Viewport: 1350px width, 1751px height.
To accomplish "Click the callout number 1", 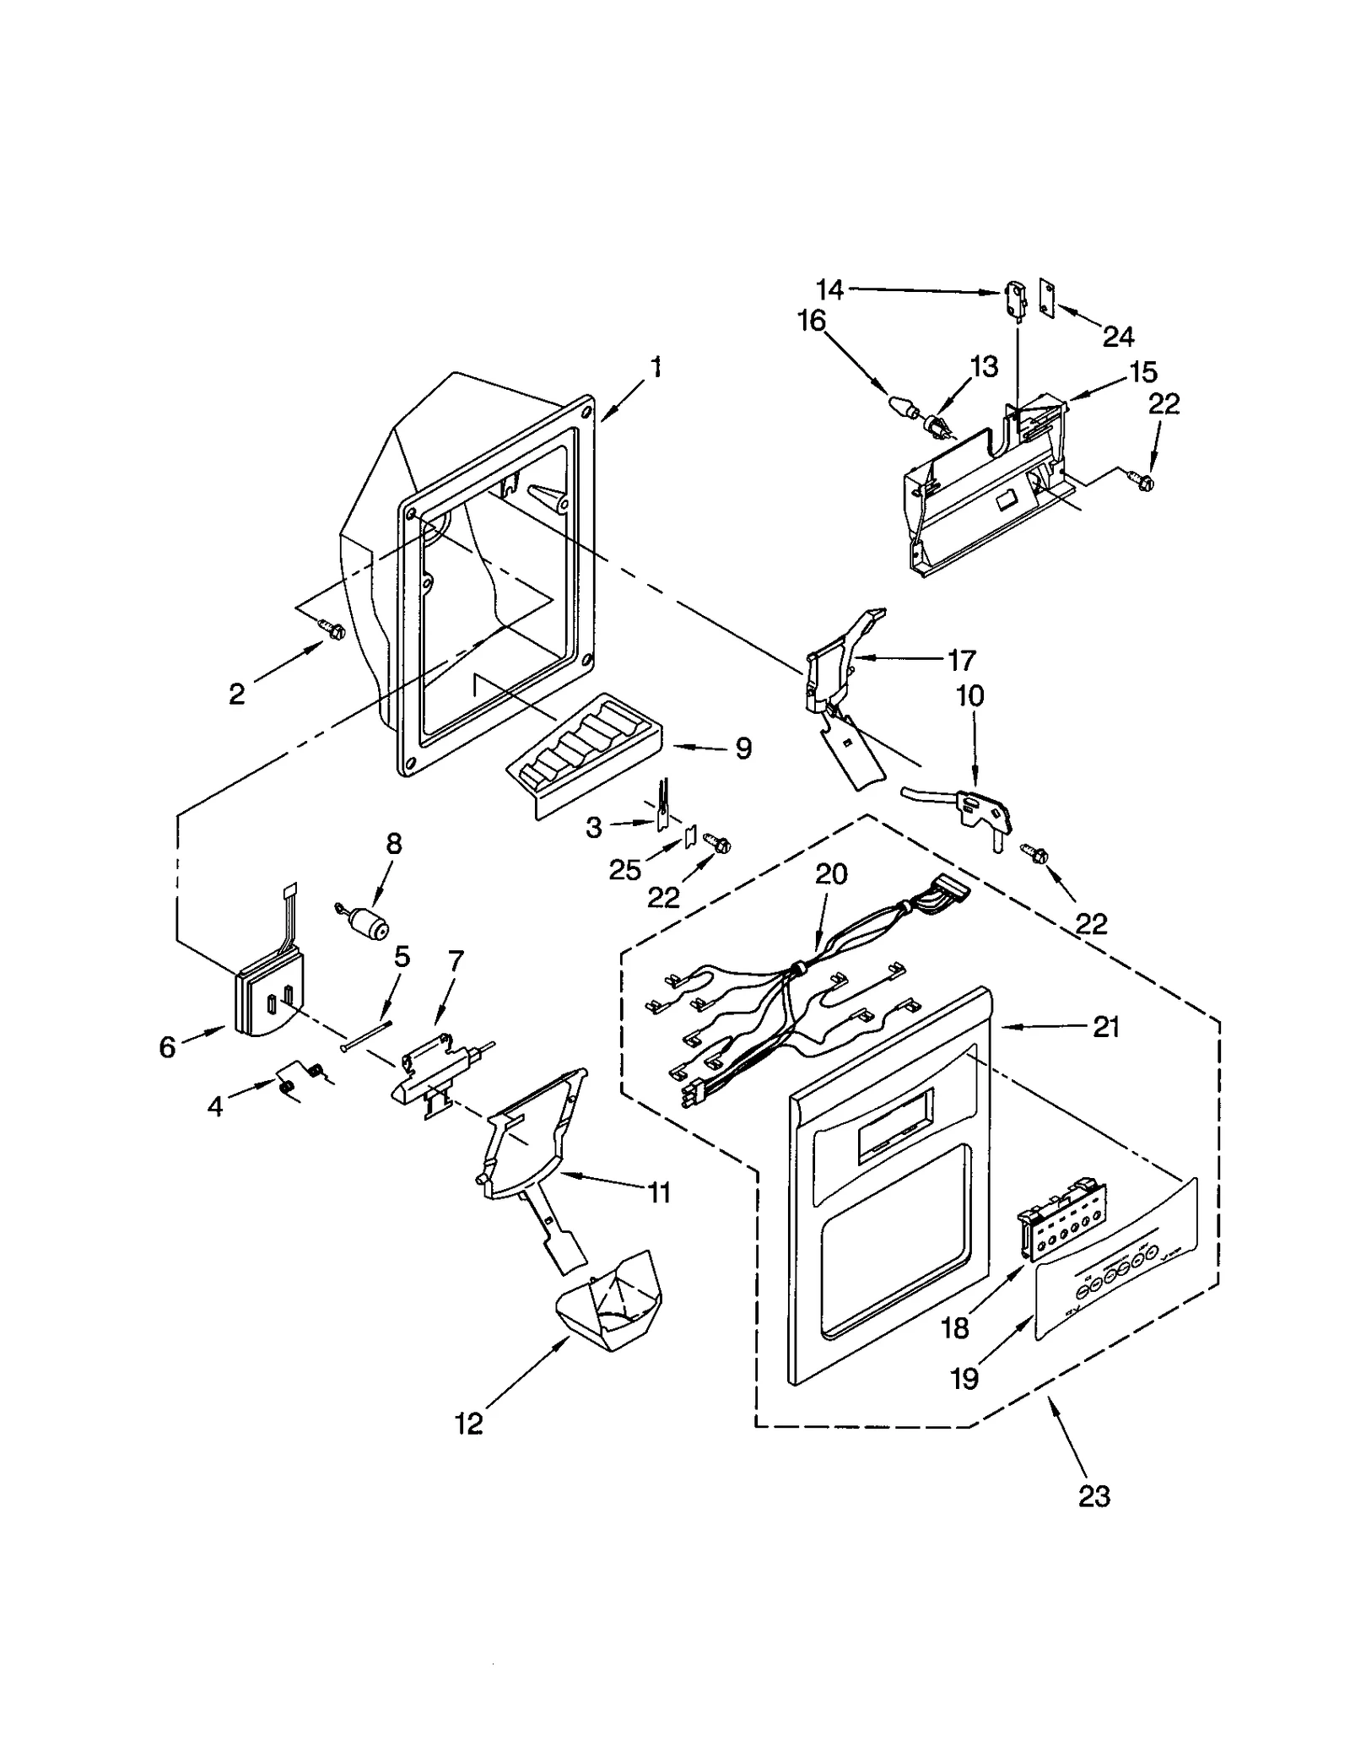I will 656,369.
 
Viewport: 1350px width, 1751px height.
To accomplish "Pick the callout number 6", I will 167,1047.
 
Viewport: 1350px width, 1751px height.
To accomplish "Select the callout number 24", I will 1118,337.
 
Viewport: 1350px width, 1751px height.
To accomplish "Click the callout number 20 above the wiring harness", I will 831,874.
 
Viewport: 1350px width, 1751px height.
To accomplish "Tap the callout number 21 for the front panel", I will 1106,1027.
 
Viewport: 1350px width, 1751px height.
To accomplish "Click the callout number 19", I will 964,1378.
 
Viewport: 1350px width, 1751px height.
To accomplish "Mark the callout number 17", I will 961,659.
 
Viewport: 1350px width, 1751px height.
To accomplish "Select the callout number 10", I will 970,696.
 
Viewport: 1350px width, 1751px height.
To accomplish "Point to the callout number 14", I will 830,289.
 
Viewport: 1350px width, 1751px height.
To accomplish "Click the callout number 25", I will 625,870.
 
